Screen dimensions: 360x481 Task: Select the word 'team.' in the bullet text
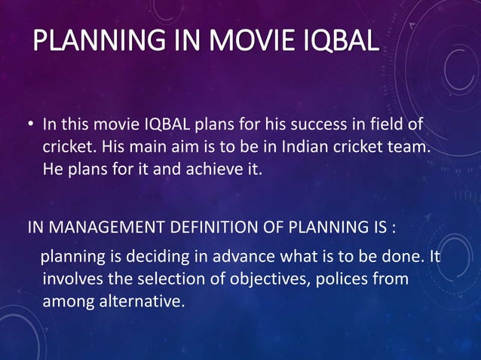410,146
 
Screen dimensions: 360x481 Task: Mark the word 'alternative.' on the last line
143,302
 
